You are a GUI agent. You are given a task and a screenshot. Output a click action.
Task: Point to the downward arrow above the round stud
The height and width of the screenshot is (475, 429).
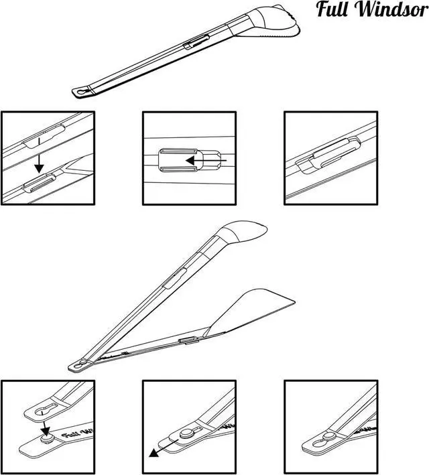point(44,425)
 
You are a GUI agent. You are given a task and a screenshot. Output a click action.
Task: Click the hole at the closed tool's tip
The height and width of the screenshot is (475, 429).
point(81,91)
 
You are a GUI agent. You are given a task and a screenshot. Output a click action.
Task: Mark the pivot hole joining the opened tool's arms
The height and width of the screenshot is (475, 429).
point(81,363)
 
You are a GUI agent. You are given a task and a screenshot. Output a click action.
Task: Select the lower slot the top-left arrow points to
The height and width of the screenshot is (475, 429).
point(40,184)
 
